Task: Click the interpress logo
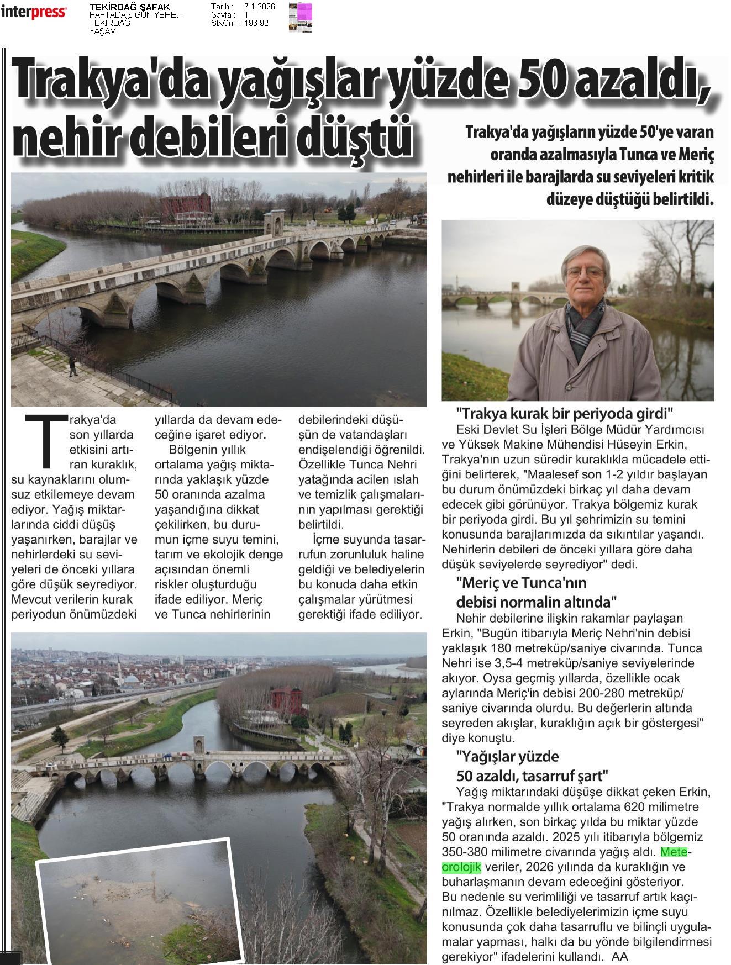(x=34, y=12)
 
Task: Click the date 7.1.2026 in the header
(x=259, y=7)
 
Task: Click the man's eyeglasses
(x=585, y=272)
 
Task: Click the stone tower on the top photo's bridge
(x=275, y=223)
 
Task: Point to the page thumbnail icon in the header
(x=300, y=17)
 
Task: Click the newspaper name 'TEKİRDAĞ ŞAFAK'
(x=129, y=7)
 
